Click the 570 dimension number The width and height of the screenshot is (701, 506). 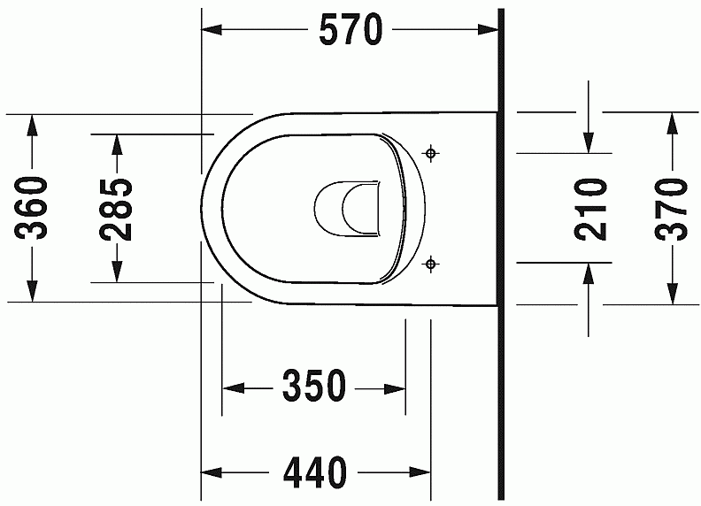[x=351, y=29]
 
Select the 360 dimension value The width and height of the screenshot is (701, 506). [x=31, y=208]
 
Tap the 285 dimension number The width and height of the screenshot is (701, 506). [x=116, y=210]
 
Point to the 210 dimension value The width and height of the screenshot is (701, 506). [x=590, y=209]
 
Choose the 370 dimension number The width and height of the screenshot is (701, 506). [x=671, y=209]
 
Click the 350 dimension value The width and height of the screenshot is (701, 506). [x=314, y=386]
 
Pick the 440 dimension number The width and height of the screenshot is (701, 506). [x=315, y=472]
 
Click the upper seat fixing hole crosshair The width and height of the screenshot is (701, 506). [x=430, y=153]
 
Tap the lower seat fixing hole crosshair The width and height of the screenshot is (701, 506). [x=430, y=264]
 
